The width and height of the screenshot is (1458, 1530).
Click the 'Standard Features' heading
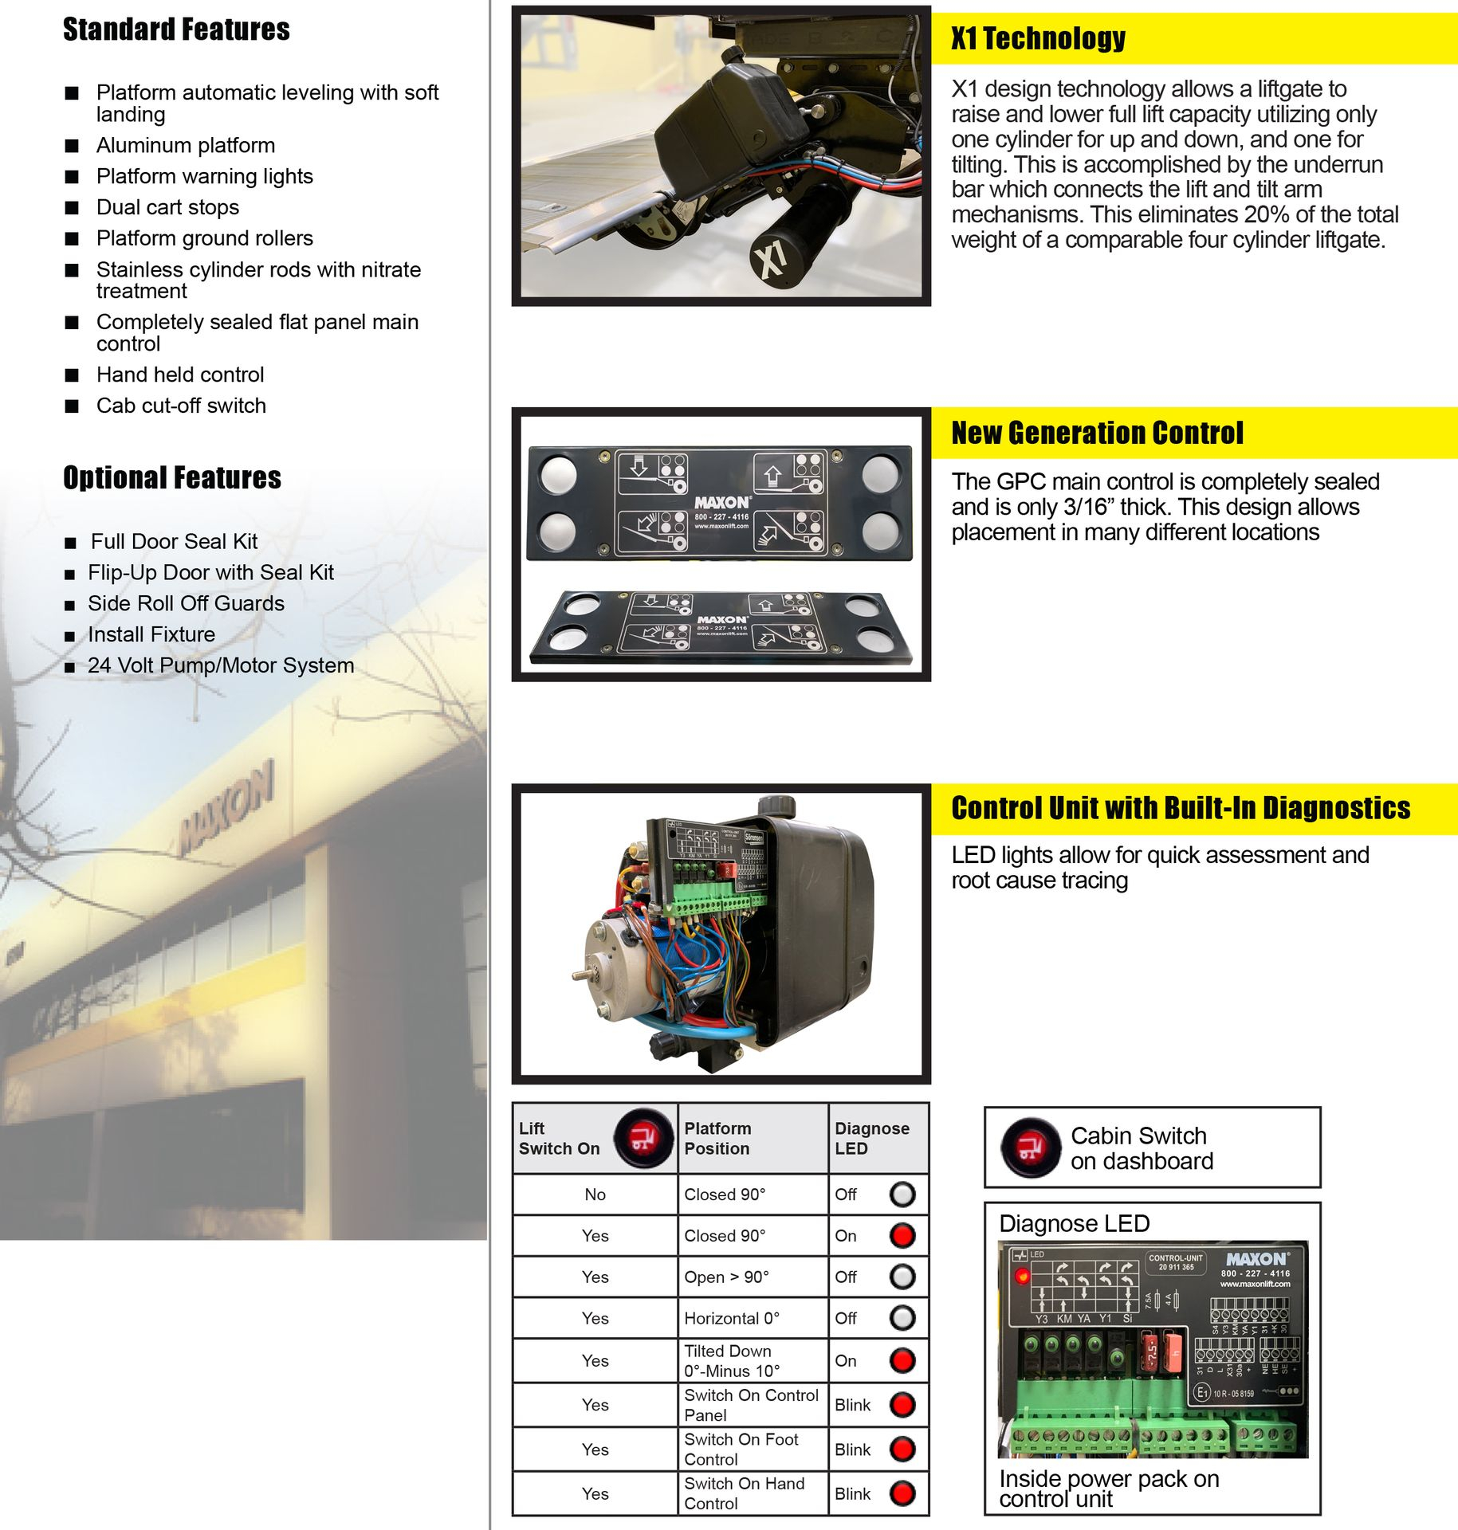[176, 29]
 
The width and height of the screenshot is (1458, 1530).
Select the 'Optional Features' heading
[172, 477]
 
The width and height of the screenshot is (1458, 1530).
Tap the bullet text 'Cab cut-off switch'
[181, 406]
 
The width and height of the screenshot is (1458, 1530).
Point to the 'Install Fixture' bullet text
[151, 634]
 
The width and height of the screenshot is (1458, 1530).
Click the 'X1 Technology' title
[1038, 38]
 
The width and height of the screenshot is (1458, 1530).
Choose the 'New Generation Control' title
[1097, 433]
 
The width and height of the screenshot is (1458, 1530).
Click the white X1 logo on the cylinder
[770, 259]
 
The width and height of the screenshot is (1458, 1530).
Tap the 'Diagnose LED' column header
[871, 1138]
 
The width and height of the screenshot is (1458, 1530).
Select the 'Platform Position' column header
[717, 1138]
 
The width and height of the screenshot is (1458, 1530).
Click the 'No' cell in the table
[595, 1195]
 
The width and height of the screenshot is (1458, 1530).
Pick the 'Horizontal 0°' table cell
[732, 1318]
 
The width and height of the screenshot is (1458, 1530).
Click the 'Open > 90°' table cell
[726, 1277]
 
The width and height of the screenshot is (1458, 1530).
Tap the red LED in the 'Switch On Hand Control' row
[902, 1493]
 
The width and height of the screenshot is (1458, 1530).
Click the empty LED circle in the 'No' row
[902, 1195]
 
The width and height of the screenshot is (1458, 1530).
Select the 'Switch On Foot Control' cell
[741, 1449]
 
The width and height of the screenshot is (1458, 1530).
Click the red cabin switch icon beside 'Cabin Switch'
[1031, 1148]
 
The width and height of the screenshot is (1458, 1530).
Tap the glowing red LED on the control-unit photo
[1022, 1277]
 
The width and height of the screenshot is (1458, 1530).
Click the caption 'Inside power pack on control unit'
[1109, 1489]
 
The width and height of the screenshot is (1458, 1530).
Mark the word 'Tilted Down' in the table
[727, 1351]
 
